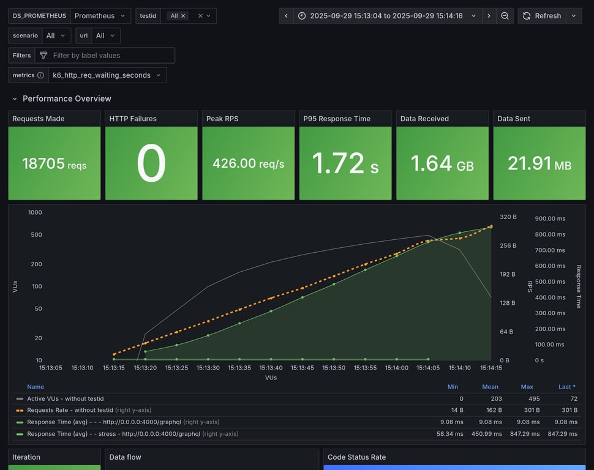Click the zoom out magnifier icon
[505, 16]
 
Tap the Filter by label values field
[110, 55]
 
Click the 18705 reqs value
[54, 163]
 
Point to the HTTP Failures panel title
[132, 119]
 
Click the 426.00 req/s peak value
[248, 163]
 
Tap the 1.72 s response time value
[345, 163]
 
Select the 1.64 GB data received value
[442, 163]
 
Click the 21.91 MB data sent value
[539, 163]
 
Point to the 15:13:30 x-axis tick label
[208, 368]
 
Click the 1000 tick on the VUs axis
[35, 212]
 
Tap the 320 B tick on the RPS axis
[508, 217]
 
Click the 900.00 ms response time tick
[550, 218]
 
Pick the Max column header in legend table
[526, 387]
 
